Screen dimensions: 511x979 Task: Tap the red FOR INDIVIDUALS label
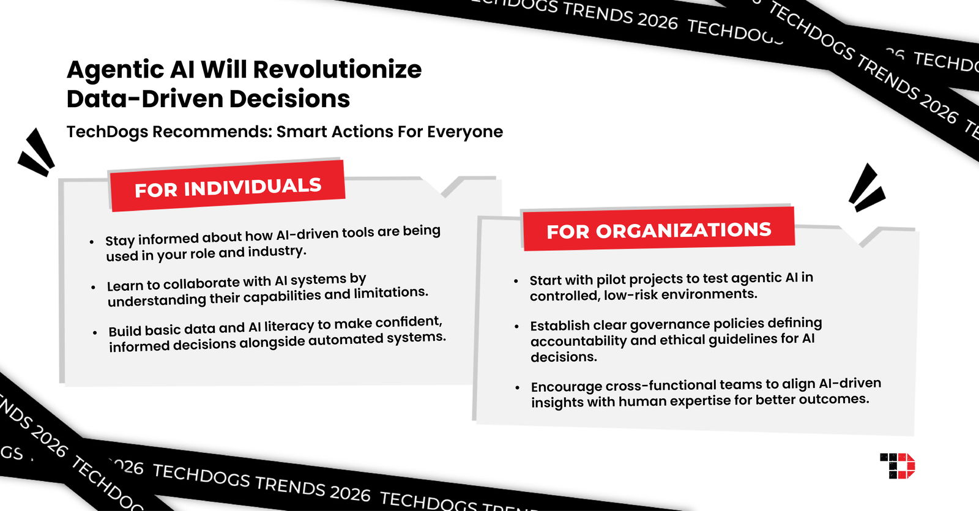click(x=228, y=187)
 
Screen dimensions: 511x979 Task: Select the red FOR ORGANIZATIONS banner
click(x=658, y=230)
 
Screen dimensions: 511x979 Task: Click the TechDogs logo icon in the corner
click(x=897, y=466)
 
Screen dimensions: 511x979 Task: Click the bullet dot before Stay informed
click(x=92, y=242)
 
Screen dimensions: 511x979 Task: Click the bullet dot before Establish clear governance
click(x=517, y=327)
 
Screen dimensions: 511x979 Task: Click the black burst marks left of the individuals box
click(x=37, y=153)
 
